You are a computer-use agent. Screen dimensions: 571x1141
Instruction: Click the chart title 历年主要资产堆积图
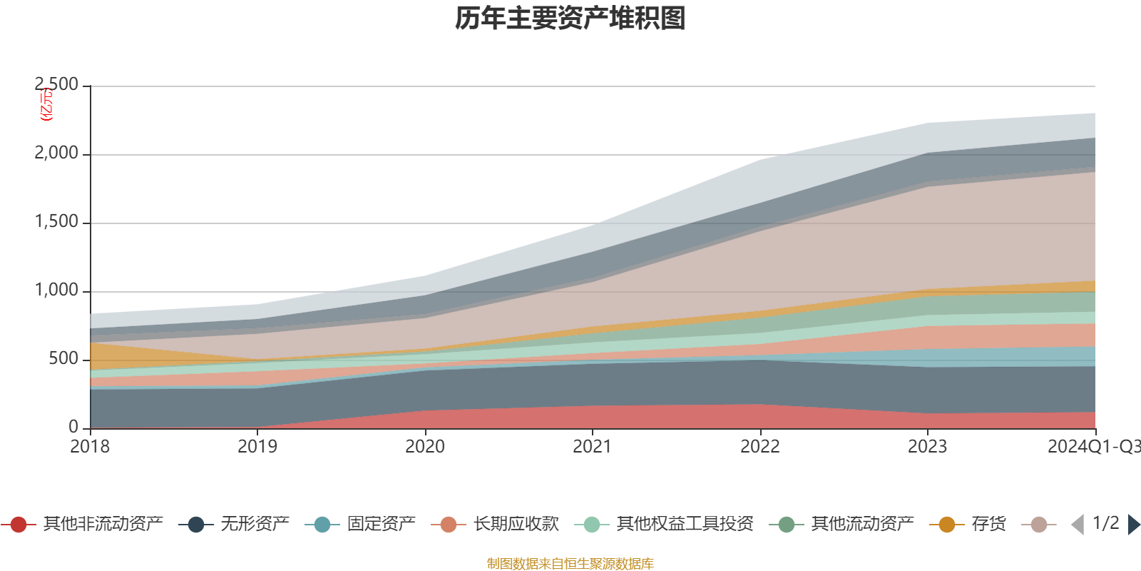click(x=570, y=19)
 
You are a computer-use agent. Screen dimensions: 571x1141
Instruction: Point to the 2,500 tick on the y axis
click(x=57, y=85)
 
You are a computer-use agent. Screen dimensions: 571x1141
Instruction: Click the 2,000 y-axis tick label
click(x=57, y=153)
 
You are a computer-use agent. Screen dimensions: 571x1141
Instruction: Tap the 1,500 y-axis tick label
click(x=57, y=222)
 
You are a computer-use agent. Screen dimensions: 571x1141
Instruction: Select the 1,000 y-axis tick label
click(x=57, y=290)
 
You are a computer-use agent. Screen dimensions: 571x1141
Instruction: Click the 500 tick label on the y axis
click(x=63, y=359)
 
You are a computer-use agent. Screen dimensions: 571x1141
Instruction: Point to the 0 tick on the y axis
click(x=73, y=427)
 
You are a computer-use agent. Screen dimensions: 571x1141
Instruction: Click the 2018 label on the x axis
click(x=90, y=447)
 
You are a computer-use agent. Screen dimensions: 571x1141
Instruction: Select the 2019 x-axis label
click(x=257, y=447)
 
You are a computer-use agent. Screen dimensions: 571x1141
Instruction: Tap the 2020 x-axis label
click(x=425, y=447)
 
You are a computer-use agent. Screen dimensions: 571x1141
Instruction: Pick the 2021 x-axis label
click(x=593, y=447)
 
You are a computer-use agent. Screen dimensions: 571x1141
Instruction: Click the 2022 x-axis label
click(x=760, y=447)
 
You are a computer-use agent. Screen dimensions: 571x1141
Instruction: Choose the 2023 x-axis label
click(x=927, y=447)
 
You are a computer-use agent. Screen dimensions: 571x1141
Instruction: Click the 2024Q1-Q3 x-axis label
click(x=1093, y=447)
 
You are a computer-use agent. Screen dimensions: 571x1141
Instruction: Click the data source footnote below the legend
click(x=570, y=564)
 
